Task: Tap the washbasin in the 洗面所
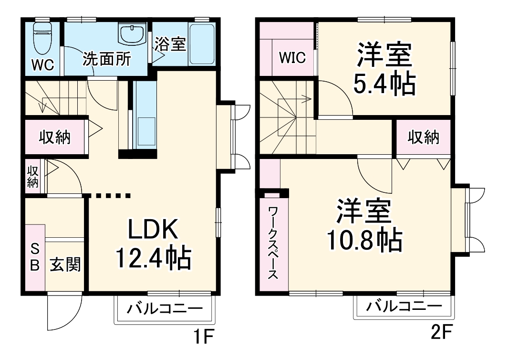(132, 35)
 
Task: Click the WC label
(42, 64)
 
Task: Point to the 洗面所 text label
(107, 59)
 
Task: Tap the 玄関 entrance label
(65, 264)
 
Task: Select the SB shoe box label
(34, 257)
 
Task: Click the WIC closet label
(292, 58)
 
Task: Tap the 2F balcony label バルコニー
(404, 306)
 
